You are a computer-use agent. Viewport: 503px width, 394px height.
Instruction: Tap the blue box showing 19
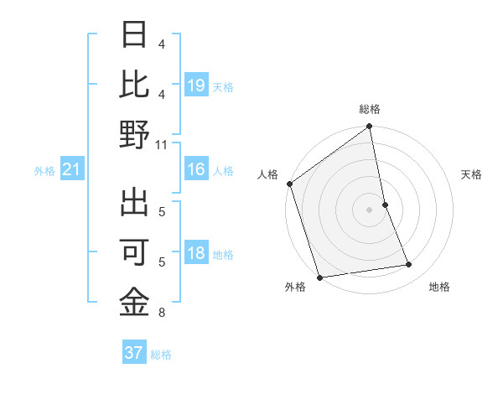coord(195,85)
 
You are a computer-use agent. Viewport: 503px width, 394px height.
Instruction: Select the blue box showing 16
coord(195,169)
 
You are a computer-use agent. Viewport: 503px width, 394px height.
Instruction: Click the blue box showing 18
coord(195,254)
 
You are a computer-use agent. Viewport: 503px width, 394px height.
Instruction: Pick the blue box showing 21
coord(72,170)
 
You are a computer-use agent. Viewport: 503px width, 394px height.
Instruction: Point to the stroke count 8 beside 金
coord(162,314)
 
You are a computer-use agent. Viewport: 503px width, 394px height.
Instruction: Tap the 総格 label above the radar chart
coord(370,109)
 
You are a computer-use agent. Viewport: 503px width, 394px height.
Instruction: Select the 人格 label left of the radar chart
coord(268,174)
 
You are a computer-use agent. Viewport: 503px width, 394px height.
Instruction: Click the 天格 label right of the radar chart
coord(472,174)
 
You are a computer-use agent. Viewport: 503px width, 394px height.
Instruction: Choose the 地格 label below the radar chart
coord(439,287)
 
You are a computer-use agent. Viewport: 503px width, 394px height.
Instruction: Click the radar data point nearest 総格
coord(369,127)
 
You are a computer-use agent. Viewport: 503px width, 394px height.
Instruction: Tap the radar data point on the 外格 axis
coord(319,277)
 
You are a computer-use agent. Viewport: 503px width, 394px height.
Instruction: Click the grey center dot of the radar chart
coord(369,209)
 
